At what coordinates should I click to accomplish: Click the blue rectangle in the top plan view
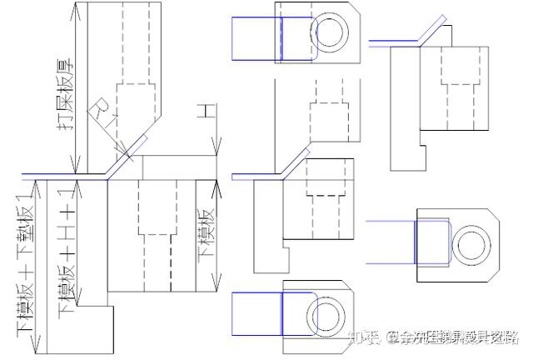click(x=257, y=38)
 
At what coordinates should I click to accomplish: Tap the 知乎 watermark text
click(x=364, y=337)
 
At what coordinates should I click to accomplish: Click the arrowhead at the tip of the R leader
click(x=125, y=154)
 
